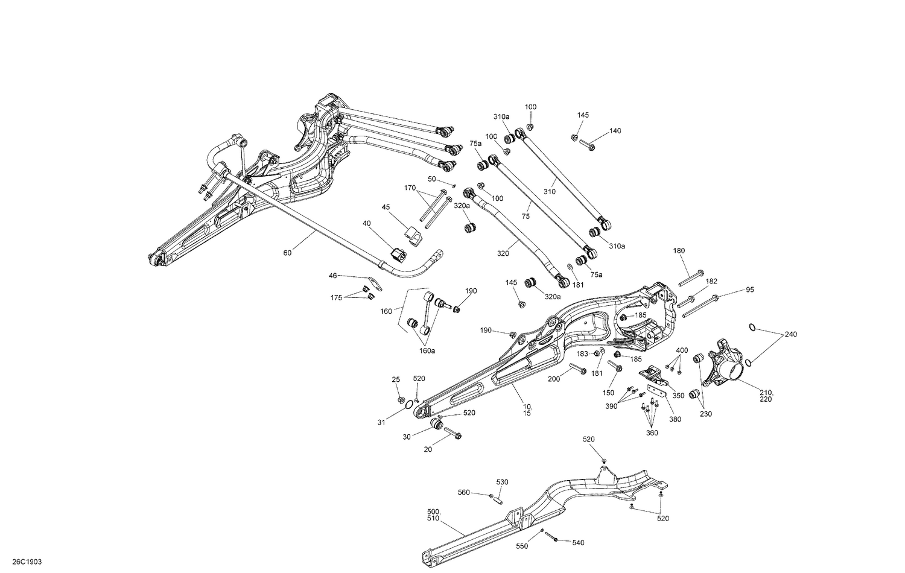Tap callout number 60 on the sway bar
click(287, 253)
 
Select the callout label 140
click(615, 131)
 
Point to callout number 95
click(749, 290)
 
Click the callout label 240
click(790, 334)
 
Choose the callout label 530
click(502, 482)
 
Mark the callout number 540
click(578, 543)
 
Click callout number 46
click(333, 276)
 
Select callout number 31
click(381, 423)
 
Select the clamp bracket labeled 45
click(412, 235)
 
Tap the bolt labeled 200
click(577, 370)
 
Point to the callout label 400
click(682, 350)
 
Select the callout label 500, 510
click(433, 514)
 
